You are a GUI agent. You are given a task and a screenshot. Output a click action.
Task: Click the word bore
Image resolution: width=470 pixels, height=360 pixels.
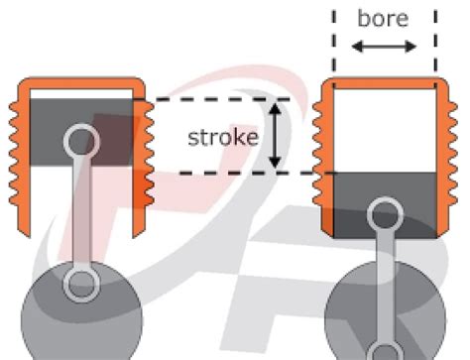(x=384, y=19)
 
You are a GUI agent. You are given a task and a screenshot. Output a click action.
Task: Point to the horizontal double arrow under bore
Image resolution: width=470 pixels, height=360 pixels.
(x=384, y=47)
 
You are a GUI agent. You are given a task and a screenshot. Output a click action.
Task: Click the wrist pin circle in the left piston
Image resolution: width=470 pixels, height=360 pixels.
(x=80, y=140)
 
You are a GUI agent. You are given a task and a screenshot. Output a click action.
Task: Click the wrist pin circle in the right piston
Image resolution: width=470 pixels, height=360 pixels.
(x=384, y=212)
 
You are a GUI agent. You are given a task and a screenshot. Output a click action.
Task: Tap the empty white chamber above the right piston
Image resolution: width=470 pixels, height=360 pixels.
(x=384, y=129)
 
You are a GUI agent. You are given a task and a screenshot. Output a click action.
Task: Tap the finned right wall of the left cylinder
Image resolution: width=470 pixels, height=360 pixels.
(x=147, y=149)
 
